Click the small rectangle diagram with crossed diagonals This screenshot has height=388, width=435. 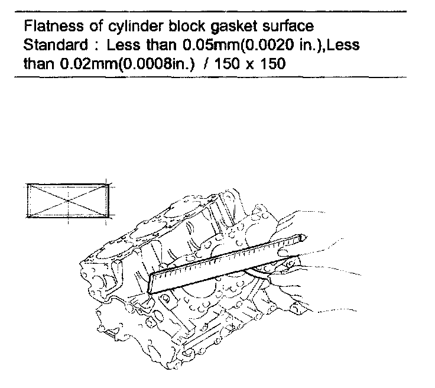67,202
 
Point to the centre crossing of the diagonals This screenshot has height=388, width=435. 67,202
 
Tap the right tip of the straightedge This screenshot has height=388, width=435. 304,237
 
